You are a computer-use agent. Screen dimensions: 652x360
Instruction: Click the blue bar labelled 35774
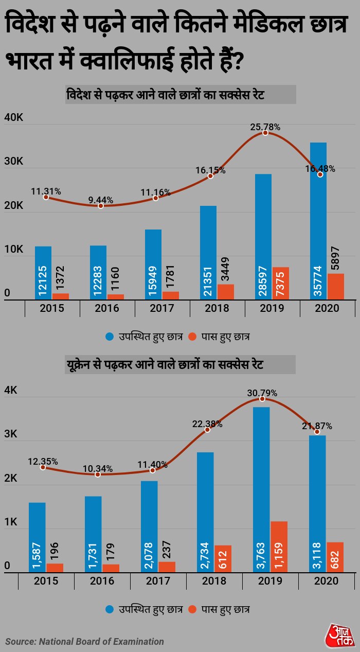pyautogui.click(x=318, y=221)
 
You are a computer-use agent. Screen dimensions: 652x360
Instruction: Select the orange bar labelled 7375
pyautogui.click(x=280, y=283)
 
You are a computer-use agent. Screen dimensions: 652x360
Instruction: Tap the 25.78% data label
pyautogui.click(x=265, y=126)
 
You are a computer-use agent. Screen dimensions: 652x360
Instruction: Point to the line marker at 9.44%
pyautogui.click(x=101, y=206)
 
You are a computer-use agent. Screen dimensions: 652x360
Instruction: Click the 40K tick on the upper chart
pyautogui.click(x=14, y=118)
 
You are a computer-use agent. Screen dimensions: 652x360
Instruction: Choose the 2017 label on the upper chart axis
pyautogui.click(x=162, y=308)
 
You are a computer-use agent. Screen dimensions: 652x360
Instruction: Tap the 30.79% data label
pyautogui.click(x=262, y=393)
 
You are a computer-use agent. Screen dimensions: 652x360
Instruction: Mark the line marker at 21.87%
pyautogui.click(x=317, y=432)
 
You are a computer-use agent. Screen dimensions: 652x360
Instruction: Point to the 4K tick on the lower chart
pyautogui.click(x=11, y=391)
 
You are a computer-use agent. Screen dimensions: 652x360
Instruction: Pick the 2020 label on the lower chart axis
pyautogui.click(x=327, y=581)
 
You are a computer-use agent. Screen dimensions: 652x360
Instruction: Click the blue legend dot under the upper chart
pyautogui.click(x=110, y=337)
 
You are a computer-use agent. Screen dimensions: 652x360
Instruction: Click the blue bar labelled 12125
pyautogui.click(x=43, y=273)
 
